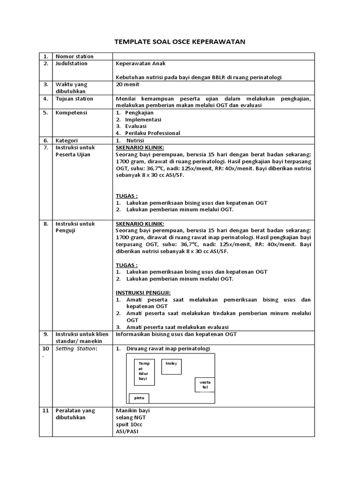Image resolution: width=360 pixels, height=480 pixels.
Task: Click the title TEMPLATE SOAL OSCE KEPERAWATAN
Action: (x=180, y=42)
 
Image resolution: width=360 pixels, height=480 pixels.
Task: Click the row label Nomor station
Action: (x=75, y=56)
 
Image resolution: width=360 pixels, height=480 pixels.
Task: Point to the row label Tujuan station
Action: (x=75, y=98)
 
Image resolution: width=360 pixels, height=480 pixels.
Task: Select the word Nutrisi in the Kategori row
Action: (x=135, y=140)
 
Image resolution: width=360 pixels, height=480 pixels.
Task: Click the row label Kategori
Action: (x=67, y=140)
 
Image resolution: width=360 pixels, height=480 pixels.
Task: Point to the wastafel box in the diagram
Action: (x=205, y=385)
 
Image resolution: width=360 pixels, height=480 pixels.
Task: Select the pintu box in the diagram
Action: (x=139, y=398)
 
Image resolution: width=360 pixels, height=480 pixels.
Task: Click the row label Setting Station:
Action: (x=76, y=348)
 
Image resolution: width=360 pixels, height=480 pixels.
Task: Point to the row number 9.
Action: (x=46, y=334)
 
